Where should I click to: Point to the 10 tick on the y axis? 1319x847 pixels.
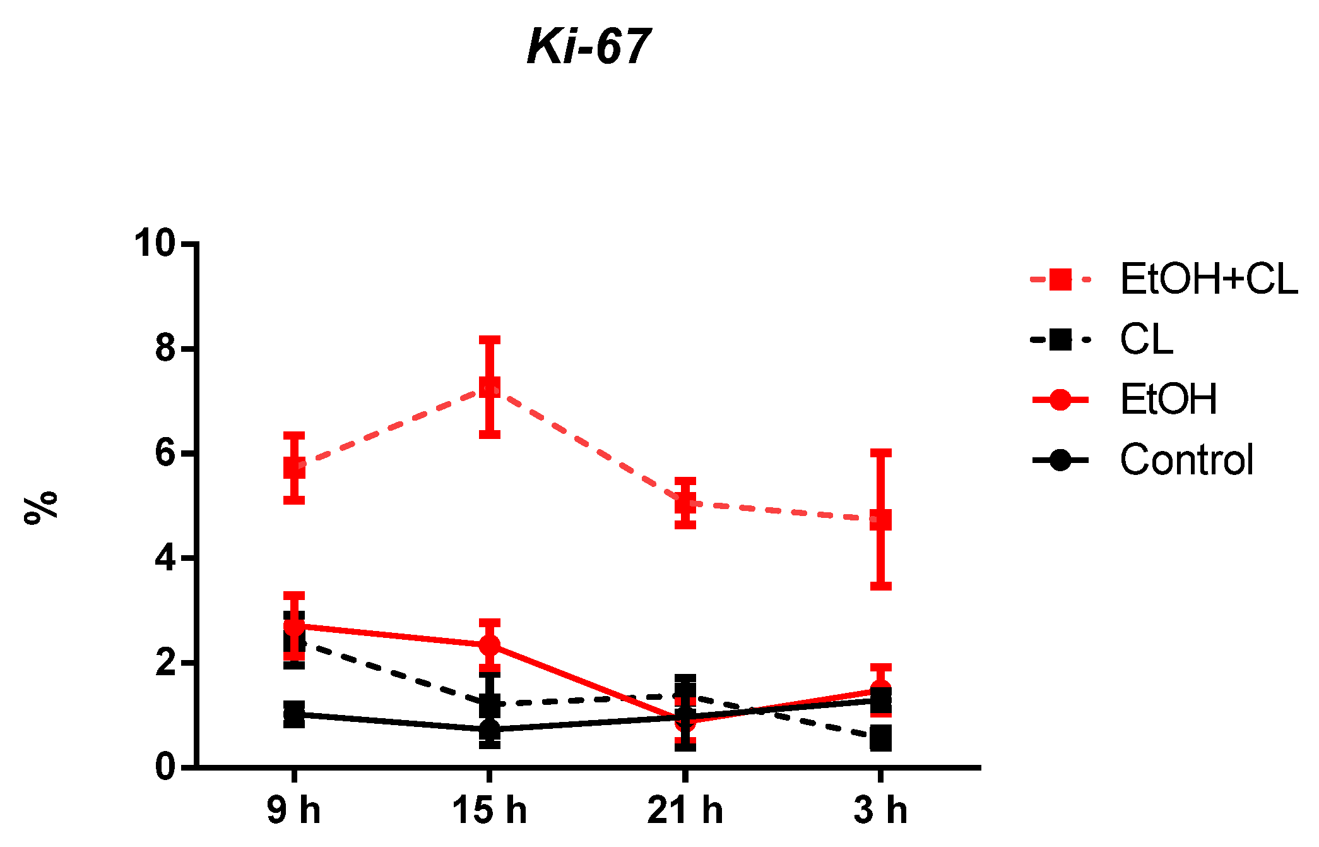154,243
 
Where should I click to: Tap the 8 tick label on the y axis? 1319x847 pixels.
165,348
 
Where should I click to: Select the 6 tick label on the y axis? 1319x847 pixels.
165,454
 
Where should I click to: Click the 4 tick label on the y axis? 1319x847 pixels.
165,558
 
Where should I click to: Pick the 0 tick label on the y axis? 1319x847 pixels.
165,767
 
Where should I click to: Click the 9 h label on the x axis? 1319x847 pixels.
293,810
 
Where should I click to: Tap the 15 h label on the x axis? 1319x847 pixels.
489,810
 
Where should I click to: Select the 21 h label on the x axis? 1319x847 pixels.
685,810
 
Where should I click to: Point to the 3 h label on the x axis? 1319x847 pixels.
880,810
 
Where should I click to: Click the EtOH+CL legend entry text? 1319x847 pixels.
1209,279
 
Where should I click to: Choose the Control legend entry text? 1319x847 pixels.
1186,459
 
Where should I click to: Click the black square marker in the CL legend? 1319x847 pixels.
1060,340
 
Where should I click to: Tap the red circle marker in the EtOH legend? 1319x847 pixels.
1060,400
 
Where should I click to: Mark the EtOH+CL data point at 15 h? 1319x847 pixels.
490,387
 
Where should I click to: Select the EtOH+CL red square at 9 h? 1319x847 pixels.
294,468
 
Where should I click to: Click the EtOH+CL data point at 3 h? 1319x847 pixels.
881,520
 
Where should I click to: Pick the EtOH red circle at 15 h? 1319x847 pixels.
490,645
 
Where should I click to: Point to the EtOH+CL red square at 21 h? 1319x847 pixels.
685,503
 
